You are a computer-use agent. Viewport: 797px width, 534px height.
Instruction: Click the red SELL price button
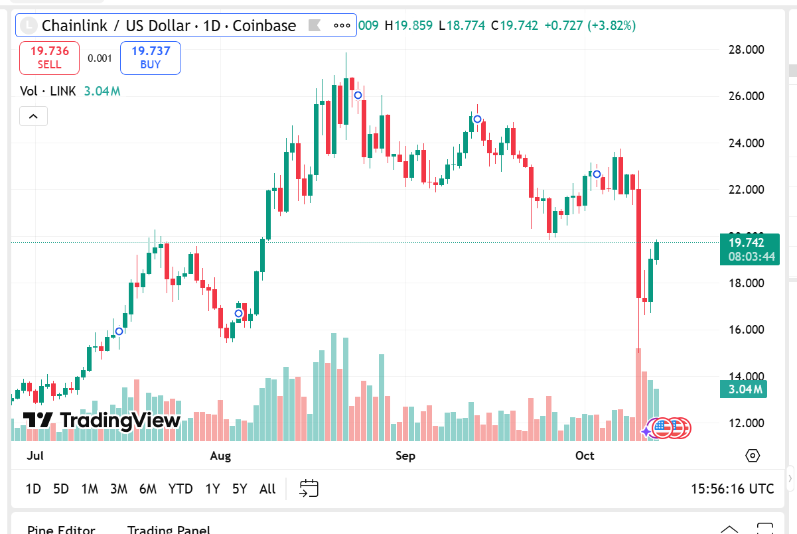pos(49,58)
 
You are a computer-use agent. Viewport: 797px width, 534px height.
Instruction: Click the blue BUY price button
pos(151,58)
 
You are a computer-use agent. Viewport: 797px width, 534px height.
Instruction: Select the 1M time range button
pos(90,489)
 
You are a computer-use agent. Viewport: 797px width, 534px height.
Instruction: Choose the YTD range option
pos(180,489)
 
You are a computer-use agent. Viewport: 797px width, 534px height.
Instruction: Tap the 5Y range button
pos(240,489)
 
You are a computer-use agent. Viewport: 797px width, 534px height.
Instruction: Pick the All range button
pos(267,489)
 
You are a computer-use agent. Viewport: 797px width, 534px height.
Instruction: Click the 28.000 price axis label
pos(746,50)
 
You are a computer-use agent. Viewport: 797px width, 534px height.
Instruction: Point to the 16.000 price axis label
pos(746,330)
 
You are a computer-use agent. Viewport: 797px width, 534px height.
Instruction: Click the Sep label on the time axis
pos(405,456)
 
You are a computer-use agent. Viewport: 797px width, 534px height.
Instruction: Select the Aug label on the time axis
pos(220,456)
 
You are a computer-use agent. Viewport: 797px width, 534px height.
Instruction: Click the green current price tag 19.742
pos(749,249)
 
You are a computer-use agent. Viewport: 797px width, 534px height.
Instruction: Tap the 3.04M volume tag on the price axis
pos(743,389)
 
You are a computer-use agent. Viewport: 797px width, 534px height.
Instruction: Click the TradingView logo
pos(102,421)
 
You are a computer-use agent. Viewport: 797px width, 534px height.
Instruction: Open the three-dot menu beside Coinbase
pos(342,26)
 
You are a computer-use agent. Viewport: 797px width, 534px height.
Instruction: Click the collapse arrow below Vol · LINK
pos(33,117)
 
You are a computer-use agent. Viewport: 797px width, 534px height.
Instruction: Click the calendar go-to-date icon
pos(309,489)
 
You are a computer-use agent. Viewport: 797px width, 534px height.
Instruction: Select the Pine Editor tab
pos(61,529)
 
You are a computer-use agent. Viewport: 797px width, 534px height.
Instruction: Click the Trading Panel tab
pos(169,529)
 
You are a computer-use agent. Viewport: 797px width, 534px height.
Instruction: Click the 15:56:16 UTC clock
pos(733,489)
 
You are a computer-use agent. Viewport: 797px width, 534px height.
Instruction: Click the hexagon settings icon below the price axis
pos(753,456)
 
